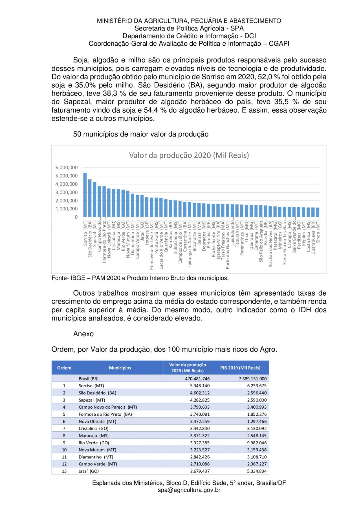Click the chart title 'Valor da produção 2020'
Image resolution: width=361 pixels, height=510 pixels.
[189, 155]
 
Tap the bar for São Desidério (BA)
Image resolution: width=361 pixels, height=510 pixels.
[90, 198]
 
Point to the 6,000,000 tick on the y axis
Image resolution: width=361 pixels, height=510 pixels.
[67, 168]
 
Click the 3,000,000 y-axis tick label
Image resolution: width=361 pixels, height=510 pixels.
[67, 192]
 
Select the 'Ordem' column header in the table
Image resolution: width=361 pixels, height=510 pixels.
[64, 368]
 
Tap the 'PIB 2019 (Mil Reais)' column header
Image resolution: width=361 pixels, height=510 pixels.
[240, 368]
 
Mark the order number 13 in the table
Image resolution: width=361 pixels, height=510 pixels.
[64, 471]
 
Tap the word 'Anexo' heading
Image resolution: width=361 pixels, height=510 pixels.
[83, 334]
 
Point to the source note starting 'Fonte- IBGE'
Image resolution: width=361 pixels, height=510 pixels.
[140, 278]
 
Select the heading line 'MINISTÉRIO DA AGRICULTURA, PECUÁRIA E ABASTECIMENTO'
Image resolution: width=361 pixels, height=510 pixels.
[189, 21]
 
